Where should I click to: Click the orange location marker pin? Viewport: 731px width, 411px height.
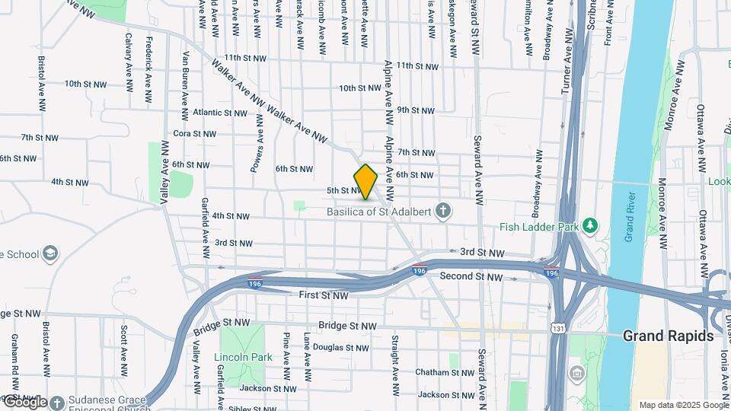click(365, 181)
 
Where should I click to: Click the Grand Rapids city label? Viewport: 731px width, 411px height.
click(668, 336)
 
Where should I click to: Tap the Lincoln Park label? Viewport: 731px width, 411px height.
click(243, 357)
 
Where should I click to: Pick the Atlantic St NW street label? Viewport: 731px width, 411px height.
click(219, 113)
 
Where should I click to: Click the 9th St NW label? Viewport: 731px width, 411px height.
click(416, 110)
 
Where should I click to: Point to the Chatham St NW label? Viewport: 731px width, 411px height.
click(445, 372)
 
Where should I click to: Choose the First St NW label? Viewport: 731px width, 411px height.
click(324, 295)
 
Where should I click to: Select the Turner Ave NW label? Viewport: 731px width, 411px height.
click(566, 69)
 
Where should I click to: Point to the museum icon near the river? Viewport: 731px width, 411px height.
click(577, 374)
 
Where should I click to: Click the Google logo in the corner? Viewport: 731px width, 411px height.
click(25, 402)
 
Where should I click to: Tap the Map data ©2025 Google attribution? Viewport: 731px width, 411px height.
click(683, 405)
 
